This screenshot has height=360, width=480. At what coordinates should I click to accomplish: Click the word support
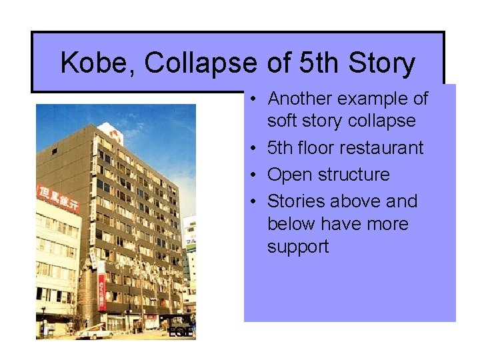tap(298, 247)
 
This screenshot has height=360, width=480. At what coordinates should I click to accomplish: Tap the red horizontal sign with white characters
tap(58, 198)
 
